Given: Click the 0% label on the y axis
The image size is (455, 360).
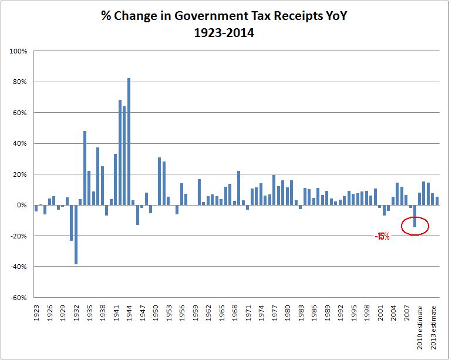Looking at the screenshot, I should click(22, 205).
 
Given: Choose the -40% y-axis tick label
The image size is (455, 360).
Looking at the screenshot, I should click(19, 267).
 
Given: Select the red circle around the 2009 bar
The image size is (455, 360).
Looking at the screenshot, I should click(415, 225).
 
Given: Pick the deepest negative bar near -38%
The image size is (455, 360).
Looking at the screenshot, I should click(76, 234).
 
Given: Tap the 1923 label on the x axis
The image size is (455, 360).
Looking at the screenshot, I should click(36, 312).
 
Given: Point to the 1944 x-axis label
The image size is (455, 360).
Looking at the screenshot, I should click(129, 312).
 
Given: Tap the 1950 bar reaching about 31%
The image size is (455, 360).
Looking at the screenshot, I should click(159, 181).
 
